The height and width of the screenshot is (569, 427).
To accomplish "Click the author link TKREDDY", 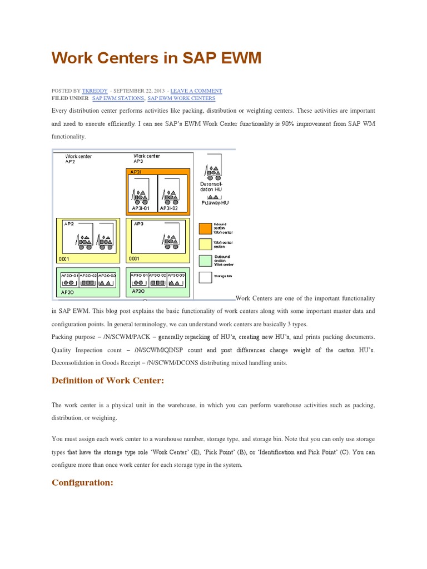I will pos(94,91).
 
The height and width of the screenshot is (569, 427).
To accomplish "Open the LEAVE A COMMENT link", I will pos(196,91).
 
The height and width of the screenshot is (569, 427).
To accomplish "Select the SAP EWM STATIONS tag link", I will pos(118,98).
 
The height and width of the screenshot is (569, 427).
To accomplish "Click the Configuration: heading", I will pos(82,482).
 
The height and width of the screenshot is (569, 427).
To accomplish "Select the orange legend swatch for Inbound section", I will pos(205,228).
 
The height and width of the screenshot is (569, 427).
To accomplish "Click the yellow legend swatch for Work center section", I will pos(205,244).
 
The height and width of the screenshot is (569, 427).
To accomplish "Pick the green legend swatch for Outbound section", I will pos(205,261).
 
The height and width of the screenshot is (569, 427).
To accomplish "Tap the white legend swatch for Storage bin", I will pos(205,277).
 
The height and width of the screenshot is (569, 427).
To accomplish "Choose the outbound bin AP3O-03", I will pos(176,279).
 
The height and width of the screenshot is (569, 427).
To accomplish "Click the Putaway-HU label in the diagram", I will pos(215,203).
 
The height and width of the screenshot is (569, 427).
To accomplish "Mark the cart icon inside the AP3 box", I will pos(171,239).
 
